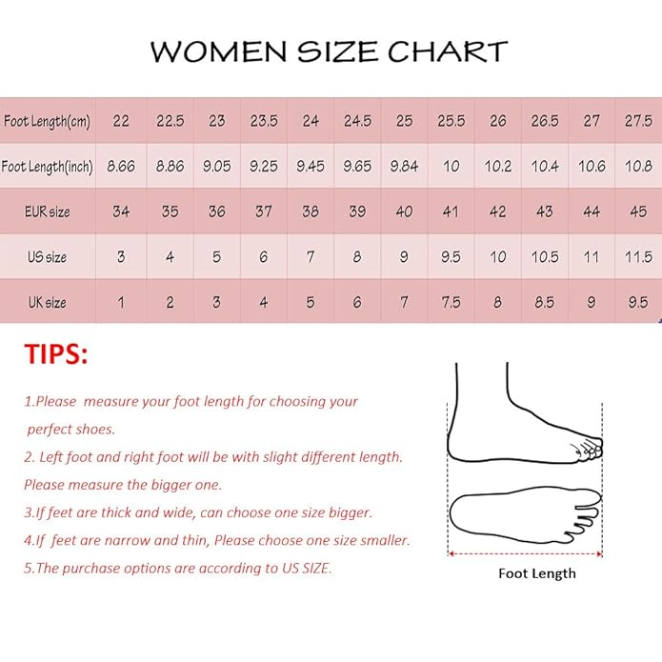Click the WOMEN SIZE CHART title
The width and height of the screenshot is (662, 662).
[329, 51]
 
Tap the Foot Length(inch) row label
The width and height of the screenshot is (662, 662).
[48, 167]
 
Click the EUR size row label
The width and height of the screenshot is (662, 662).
[47, 211]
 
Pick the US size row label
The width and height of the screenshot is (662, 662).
[47, 257]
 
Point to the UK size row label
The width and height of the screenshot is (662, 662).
[47, 302]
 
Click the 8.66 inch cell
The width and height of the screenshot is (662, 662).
[121, 167]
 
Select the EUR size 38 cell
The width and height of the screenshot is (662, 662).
[311, 211]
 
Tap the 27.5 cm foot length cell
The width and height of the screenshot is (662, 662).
[638, 121]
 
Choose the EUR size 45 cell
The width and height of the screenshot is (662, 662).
[638, 211]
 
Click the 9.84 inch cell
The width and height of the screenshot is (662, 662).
[404, 167]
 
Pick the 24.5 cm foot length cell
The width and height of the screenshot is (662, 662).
[357, 121]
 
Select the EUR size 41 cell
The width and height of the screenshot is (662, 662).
[451, 211]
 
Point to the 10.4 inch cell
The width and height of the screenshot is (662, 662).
[545, 167]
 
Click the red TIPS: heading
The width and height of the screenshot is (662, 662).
[56, 355]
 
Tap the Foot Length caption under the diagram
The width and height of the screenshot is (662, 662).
[537, 573]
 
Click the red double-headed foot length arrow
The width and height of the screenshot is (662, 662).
[525, 552]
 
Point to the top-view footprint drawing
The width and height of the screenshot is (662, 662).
[525, 514]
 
